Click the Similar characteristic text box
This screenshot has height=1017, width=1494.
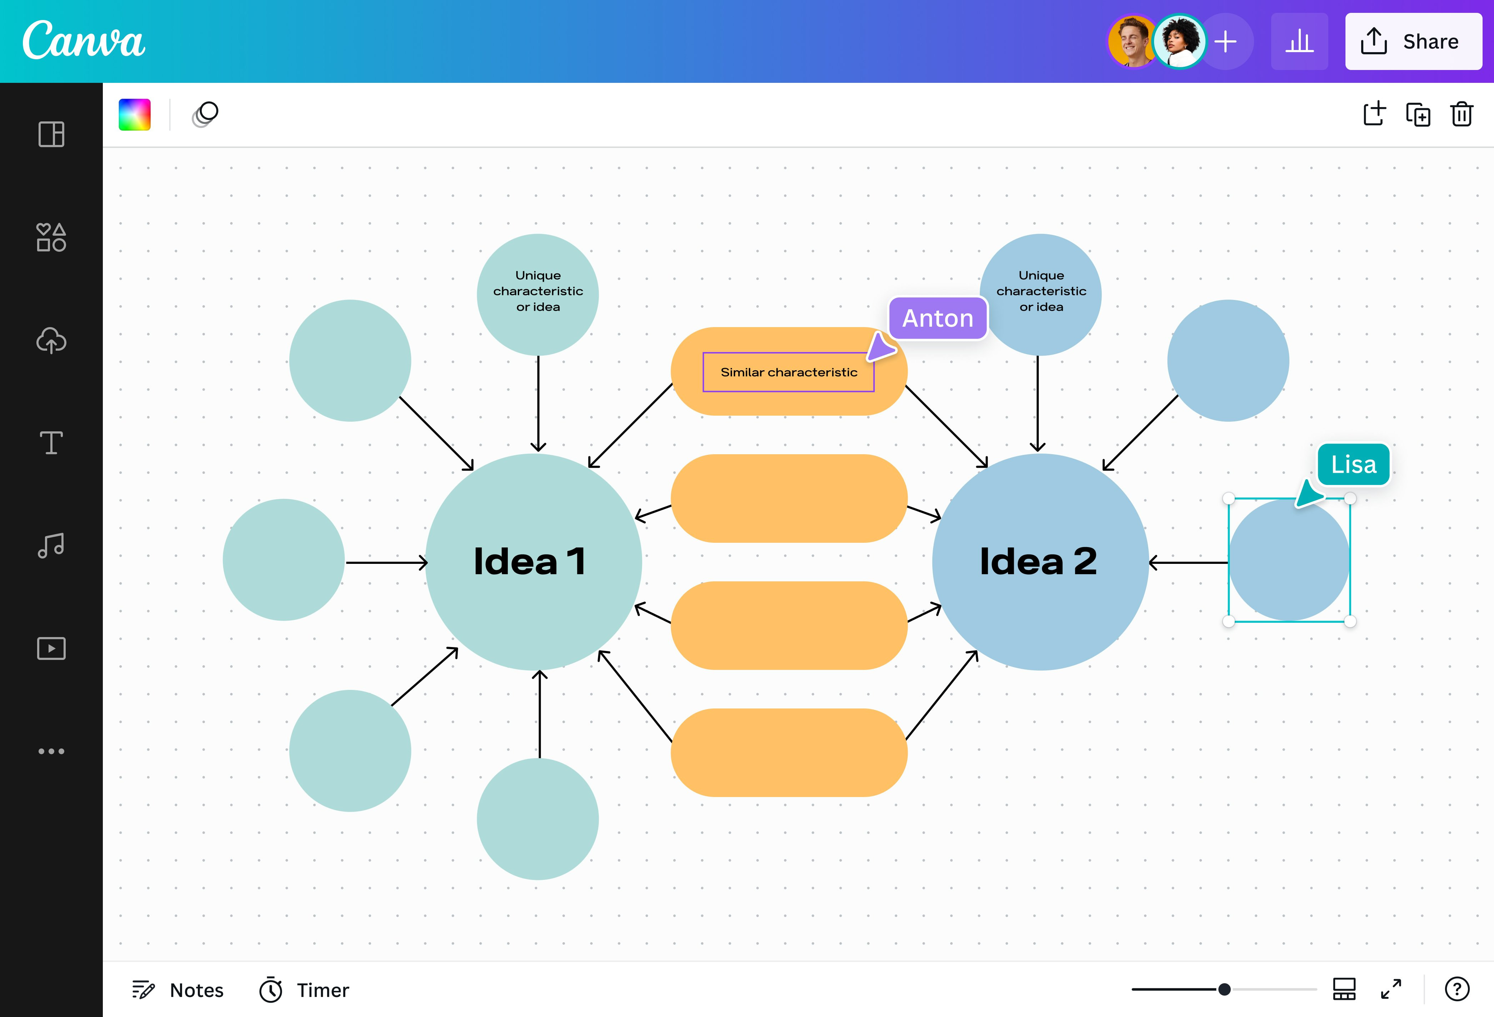click(788, 372)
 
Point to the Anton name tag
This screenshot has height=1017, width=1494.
click(937, 318)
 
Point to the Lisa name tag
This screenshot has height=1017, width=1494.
click(1353, 464)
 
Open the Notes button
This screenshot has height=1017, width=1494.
click(178, 990)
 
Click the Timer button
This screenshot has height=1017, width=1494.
click(304, 990)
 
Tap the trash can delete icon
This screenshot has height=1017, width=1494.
click(1461, 114)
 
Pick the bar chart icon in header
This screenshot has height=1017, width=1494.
click(1299, 42)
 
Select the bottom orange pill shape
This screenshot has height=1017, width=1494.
click(789, 753)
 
